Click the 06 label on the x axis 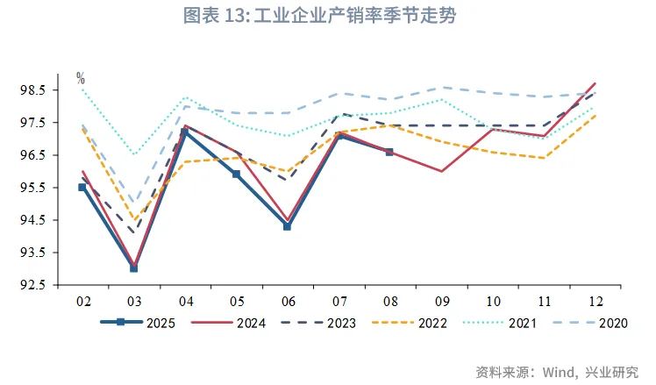coord(287,301)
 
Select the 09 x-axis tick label coord(440,301)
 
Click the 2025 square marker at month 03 coord(133,267)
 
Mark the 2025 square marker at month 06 coord(287,226)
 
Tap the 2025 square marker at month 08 coord(389,152)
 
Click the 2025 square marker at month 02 coord(82,187)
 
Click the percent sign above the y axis coord(81,77)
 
